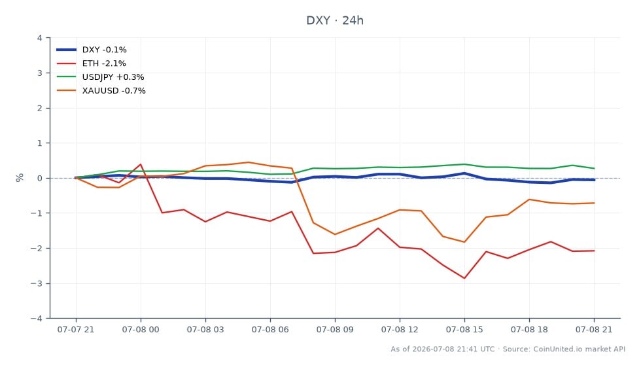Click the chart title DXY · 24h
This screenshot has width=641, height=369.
point(335,20)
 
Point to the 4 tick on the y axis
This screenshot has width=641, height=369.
point(39,38)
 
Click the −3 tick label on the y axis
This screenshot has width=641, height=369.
point(36,283)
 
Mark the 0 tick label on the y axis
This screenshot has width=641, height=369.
point(39,179)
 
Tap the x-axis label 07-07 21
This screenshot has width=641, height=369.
point(76,330)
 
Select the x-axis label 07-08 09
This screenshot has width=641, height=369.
point(335,330)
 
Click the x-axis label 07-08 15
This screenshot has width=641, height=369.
point(464,330)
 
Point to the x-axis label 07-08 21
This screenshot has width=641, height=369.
point(594,330)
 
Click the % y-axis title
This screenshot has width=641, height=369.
point(20,177)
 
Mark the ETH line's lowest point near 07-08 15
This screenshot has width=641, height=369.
point(464,278)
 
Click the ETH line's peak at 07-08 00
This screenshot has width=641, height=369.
point(141,164)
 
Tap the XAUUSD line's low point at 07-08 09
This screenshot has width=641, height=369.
point(335,234)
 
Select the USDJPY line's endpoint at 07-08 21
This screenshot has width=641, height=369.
point(594,168)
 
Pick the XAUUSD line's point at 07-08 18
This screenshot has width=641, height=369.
point(529,200)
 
